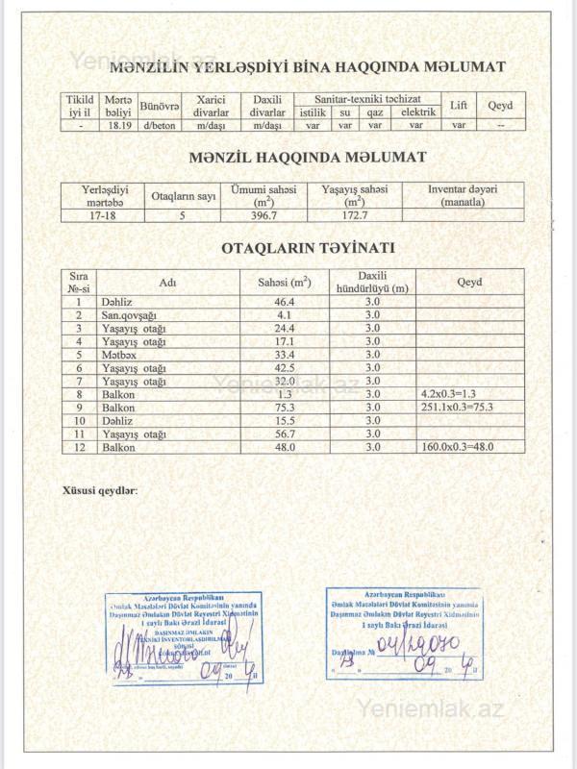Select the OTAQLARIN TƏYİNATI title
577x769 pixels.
[x=308, y=247]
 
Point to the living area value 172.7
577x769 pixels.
[x=354, y=216]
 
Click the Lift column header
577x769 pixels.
[x=459, y=105]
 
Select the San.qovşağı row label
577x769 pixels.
[x=129, y=315]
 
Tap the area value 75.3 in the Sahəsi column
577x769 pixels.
[x=284, y=408]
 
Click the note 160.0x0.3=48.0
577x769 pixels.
[x=459, y=447]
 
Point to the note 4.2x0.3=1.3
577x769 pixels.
[x=448, y=394]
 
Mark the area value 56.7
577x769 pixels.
[x=284, y=434]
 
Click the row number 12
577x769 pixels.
[x=79, y=447]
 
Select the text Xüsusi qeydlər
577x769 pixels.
[x=99, y=490]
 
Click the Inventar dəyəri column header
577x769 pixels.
[x=463, y=195]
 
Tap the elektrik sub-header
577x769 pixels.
[x=417, y=112]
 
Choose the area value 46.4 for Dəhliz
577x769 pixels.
[x=284, y=302]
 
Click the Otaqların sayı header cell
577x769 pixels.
[x=183, y=196]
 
